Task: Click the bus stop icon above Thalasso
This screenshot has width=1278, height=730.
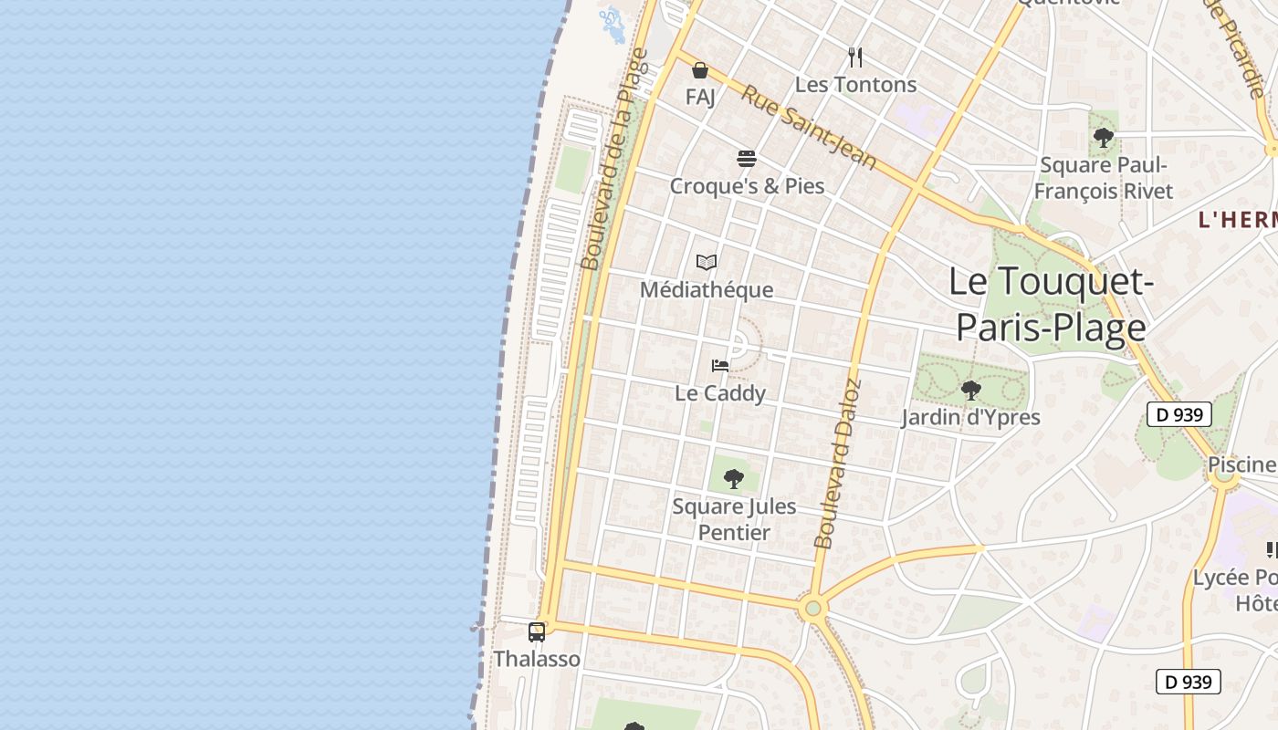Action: [x=537, y=631]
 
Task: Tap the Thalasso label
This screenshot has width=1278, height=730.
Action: [x=537, y=659]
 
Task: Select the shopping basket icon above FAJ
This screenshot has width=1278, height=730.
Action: [x=700, y=70]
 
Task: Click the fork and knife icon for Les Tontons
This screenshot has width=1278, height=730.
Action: [x=855, y=57]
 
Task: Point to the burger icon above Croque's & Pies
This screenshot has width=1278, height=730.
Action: [x=747, y=159]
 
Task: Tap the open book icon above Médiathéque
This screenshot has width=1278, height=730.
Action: [x=707, y=263]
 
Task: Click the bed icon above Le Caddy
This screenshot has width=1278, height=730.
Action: [x=720, y=366]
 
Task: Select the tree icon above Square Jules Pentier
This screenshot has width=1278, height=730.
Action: [x=733, y=478]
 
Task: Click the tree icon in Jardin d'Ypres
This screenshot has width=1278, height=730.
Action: [x=970, y=391]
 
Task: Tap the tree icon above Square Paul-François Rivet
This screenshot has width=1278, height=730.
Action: [x=1104, y=138]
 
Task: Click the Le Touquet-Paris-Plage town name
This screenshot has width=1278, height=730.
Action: [x=1051, y=304]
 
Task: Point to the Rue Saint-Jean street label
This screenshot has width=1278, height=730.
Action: [x=808, y=128]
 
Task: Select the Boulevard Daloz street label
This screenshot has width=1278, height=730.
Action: [x=838, y=464]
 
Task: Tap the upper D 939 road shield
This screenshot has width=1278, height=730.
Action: [x=1178, y=414]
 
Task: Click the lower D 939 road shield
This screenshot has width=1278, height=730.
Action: [x=1188, y=682]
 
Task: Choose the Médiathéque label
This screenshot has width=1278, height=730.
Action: [x=707, y=290]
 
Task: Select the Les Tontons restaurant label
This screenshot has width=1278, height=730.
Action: [x=855, y=85]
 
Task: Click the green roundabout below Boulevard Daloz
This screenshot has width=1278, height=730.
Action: [x=812, y=608]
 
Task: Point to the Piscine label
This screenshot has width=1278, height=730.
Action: [x=1241, y=464]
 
